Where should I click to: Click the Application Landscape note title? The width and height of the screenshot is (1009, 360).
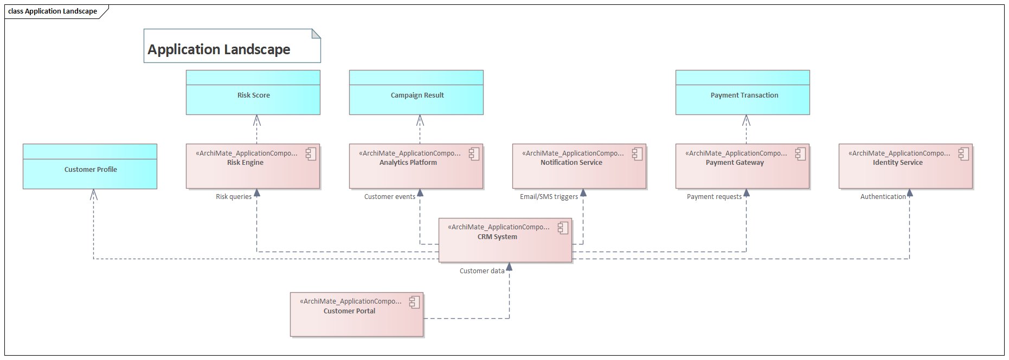(219, 49)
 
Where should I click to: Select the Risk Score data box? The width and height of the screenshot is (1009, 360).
(253, 95)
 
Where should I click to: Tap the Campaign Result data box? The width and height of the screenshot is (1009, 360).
(416, 95)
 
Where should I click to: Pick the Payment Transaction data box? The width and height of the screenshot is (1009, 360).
(744, 95)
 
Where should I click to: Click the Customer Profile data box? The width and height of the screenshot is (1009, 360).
(91, 169)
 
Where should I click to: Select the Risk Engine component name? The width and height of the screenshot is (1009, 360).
(245, 162)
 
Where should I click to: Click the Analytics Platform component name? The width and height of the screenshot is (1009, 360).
(408, 162)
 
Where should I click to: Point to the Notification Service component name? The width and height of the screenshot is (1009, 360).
(571, 162)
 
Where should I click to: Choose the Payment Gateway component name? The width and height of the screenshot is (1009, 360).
(735, 162)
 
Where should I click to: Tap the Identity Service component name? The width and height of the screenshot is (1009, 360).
(897, 162)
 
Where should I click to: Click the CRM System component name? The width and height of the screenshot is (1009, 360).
(497, 236)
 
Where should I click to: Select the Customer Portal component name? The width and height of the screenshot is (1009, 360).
(349, 311)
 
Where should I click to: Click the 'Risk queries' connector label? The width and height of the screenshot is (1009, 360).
(234, 196)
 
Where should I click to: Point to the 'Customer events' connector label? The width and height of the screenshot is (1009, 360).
(389, 196)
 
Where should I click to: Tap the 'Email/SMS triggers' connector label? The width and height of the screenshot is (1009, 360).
(549, 196)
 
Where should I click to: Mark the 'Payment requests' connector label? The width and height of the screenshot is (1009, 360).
(714, 196)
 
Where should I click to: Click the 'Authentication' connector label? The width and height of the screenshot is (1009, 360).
(883, 196)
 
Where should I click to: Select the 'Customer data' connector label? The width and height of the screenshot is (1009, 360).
(482, 271)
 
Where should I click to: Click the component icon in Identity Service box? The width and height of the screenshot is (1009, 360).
(963, 154)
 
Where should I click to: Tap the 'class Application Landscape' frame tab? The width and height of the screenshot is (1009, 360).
(53, 11)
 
